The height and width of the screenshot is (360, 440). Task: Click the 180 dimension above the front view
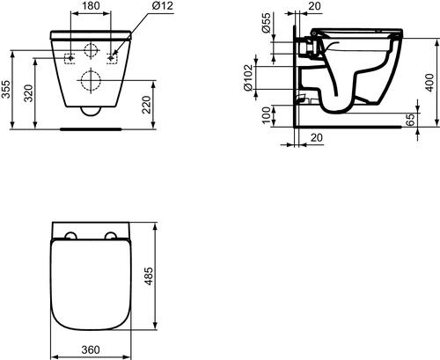click(91, 6)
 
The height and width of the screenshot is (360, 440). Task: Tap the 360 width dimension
click(89, 350)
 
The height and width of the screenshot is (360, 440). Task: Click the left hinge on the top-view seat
click(70, 235)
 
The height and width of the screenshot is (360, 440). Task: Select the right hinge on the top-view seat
click(109, 235)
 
